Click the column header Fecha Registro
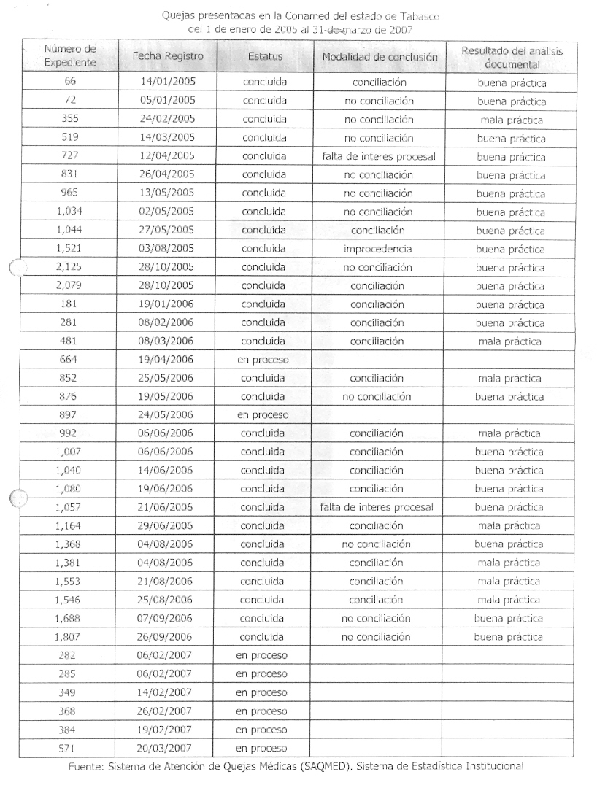click(168, 55)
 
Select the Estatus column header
click(265, 55)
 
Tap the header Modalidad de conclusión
click(378, 56)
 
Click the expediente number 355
click(71, 120)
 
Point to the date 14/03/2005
click(168, 138)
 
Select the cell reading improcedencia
click(377, 249)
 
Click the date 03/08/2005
click(167, 249)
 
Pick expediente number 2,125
click(70, 267)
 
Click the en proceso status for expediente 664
click(263, 360)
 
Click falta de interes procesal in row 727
click(378, 156)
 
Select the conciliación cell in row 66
click(379, 82)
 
